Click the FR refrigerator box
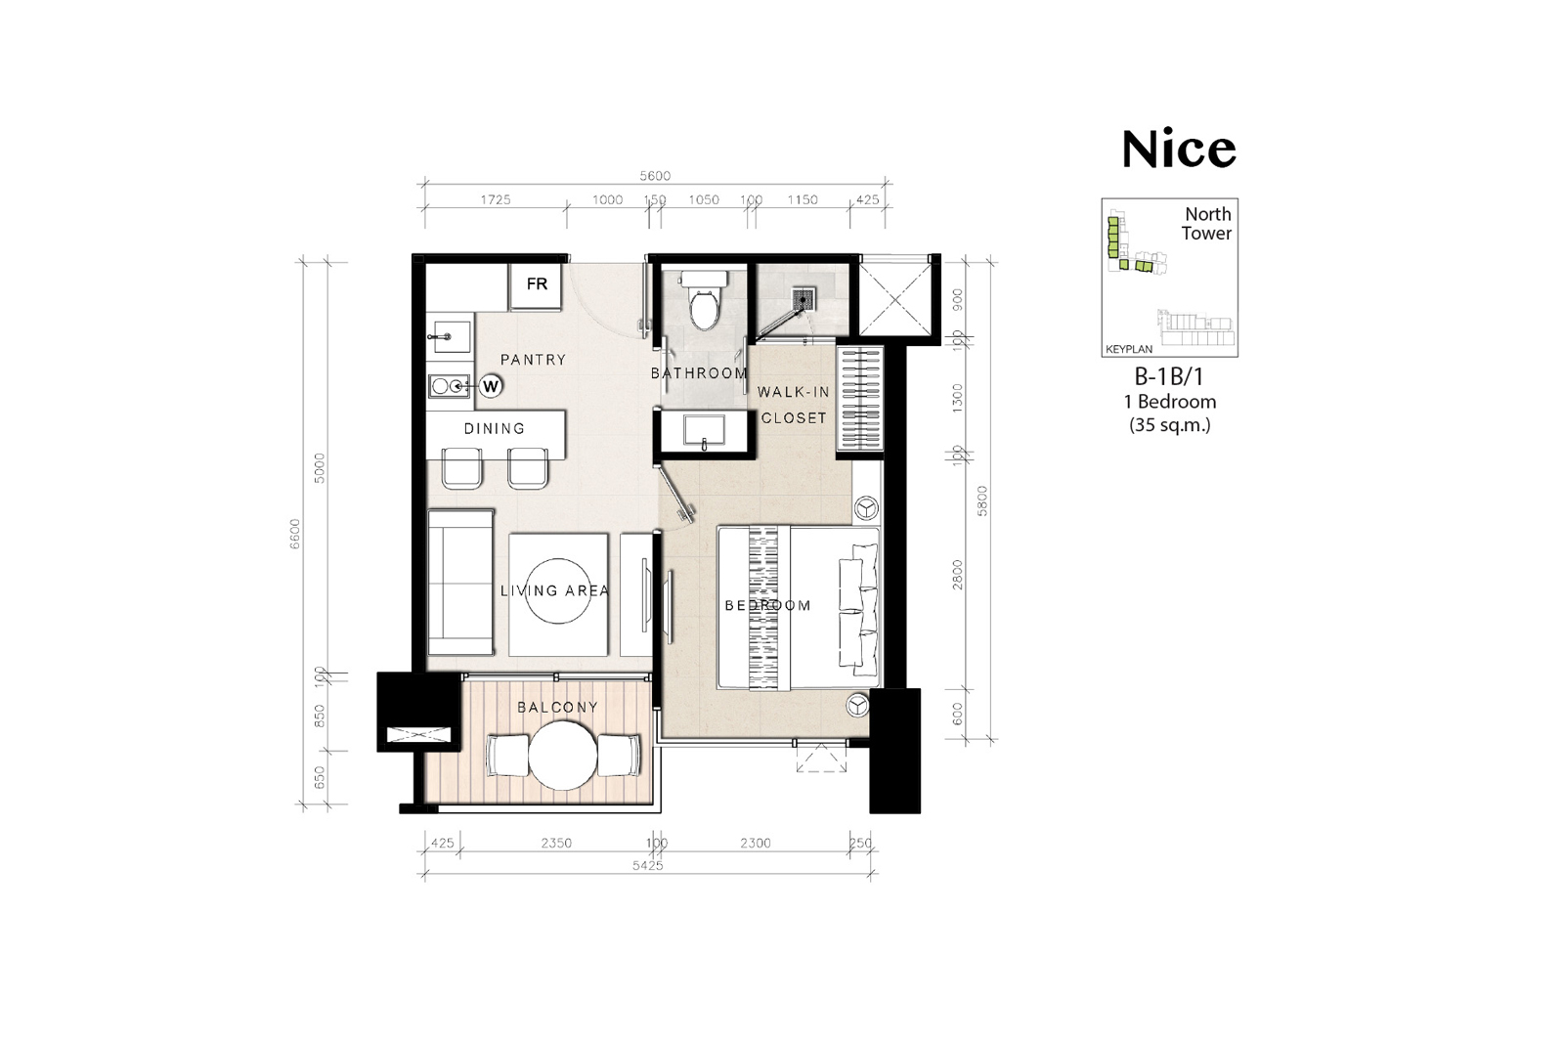[536, 286]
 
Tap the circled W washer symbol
[491, 386]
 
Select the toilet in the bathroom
[703, 300]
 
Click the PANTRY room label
[533, 360]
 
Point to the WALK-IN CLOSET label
[794, 405]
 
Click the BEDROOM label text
[767, 605]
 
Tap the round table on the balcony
[563, 756]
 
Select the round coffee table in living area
[557, 590]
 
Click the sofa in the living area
[460, 583]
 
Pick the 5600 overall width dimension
[655, 176]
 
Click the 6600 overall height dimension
[294, 534]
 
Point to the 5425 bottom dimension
[647, 866]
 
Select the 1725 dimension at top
[495, 199]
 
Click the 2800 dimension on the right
[957, 574]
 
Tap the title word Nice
[1179, 150]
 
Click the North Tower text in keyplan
[1206, 224]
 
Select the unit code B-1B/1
[1169, 377]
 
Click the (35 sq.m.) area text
[1169, 424]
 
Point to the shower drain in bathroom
[804, 299]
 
